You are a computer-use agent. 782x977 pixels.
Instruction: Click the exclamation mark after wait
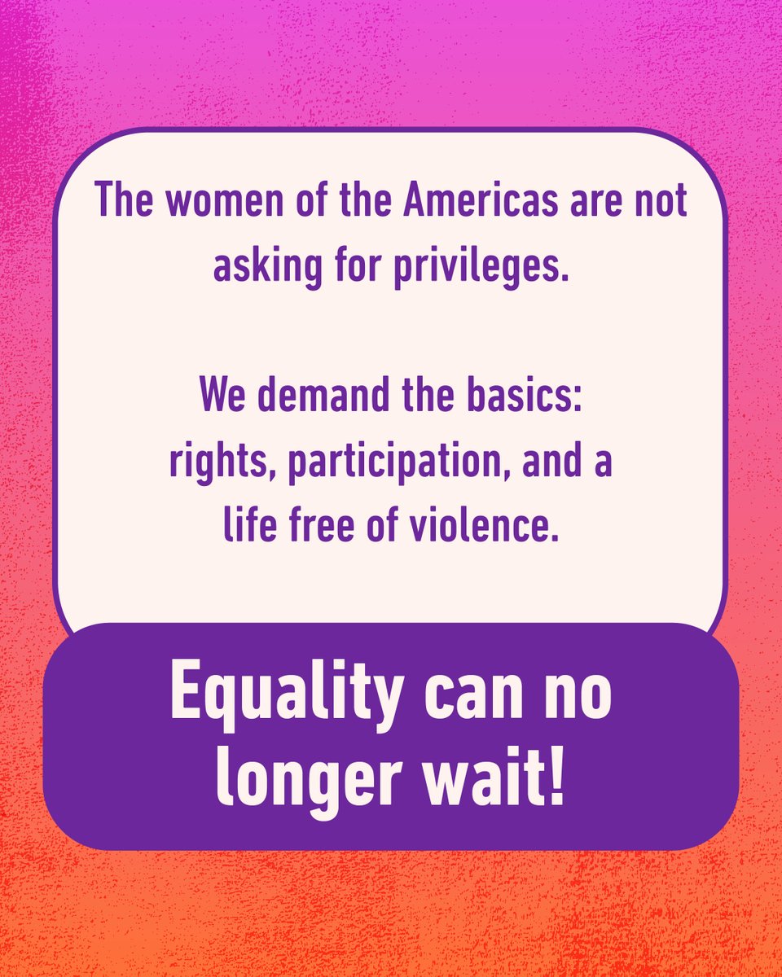pos(556,780)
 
